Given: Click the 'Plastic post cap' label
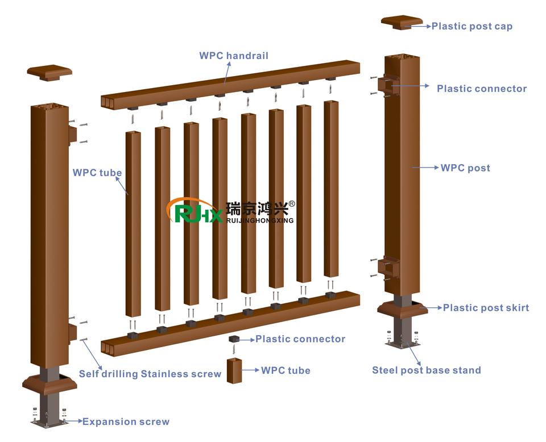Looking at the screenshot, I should coord(471,26).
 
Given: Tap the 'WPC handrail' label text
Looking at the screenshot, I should coord(234,56).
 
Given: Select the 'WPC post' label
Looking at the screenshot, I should coord(465,168).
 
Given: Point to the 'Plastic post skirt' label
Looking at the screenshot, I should coord(486,308).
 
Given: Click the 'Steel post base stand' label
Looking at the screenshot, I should coord(427,370).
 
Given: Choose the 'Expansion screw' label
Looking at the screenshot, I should coord(126,422).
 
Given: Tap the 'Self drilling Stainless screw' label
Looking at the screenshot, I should coord(150,374).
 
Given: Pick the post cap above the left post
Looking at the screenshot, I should coord(49,73).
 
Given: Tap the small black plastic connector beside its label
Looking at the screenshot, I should coord(233,339).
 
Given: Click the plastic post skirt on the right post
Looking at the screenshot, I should coord(402,308).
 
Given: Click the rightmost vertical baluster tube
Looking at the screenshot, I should coord(331,188).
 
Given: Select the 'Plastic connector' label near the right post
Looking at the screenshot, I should coord(481,89).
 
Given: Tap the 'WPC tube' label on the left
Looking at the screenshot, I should coord(97,173).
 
